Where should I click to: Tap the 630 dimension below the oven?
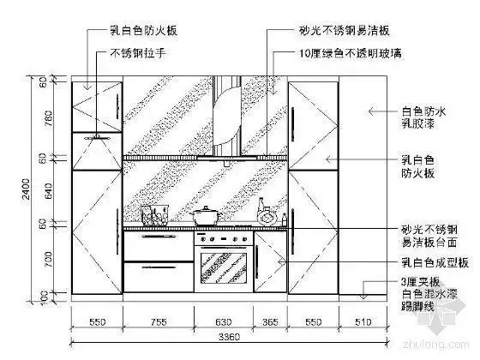223,323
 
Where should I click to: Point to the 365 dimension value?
269,323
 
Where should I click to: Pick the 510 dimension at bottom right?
363,323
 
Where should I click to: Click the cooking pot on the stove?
207,216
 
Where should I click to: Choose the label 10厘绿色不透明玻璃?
338,53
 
